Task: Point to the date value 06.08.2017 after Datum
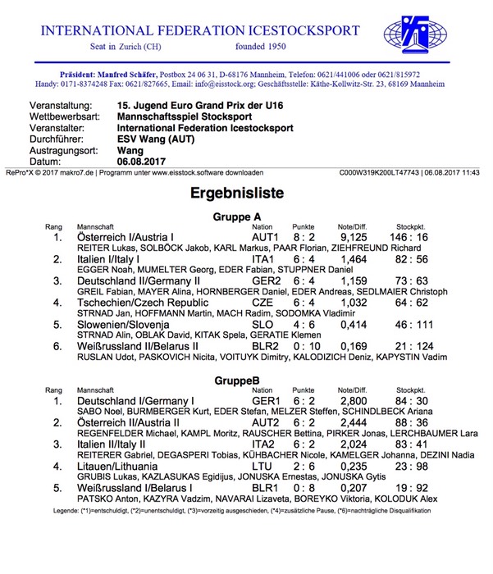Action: click(146, 161)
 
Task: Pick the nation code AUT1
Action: click(266, 237)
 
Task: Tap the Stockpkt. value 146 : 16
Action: click(409, 237)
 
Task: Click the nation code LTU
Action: click(262, 467)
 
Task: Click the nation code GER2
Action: click(267, 281)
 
